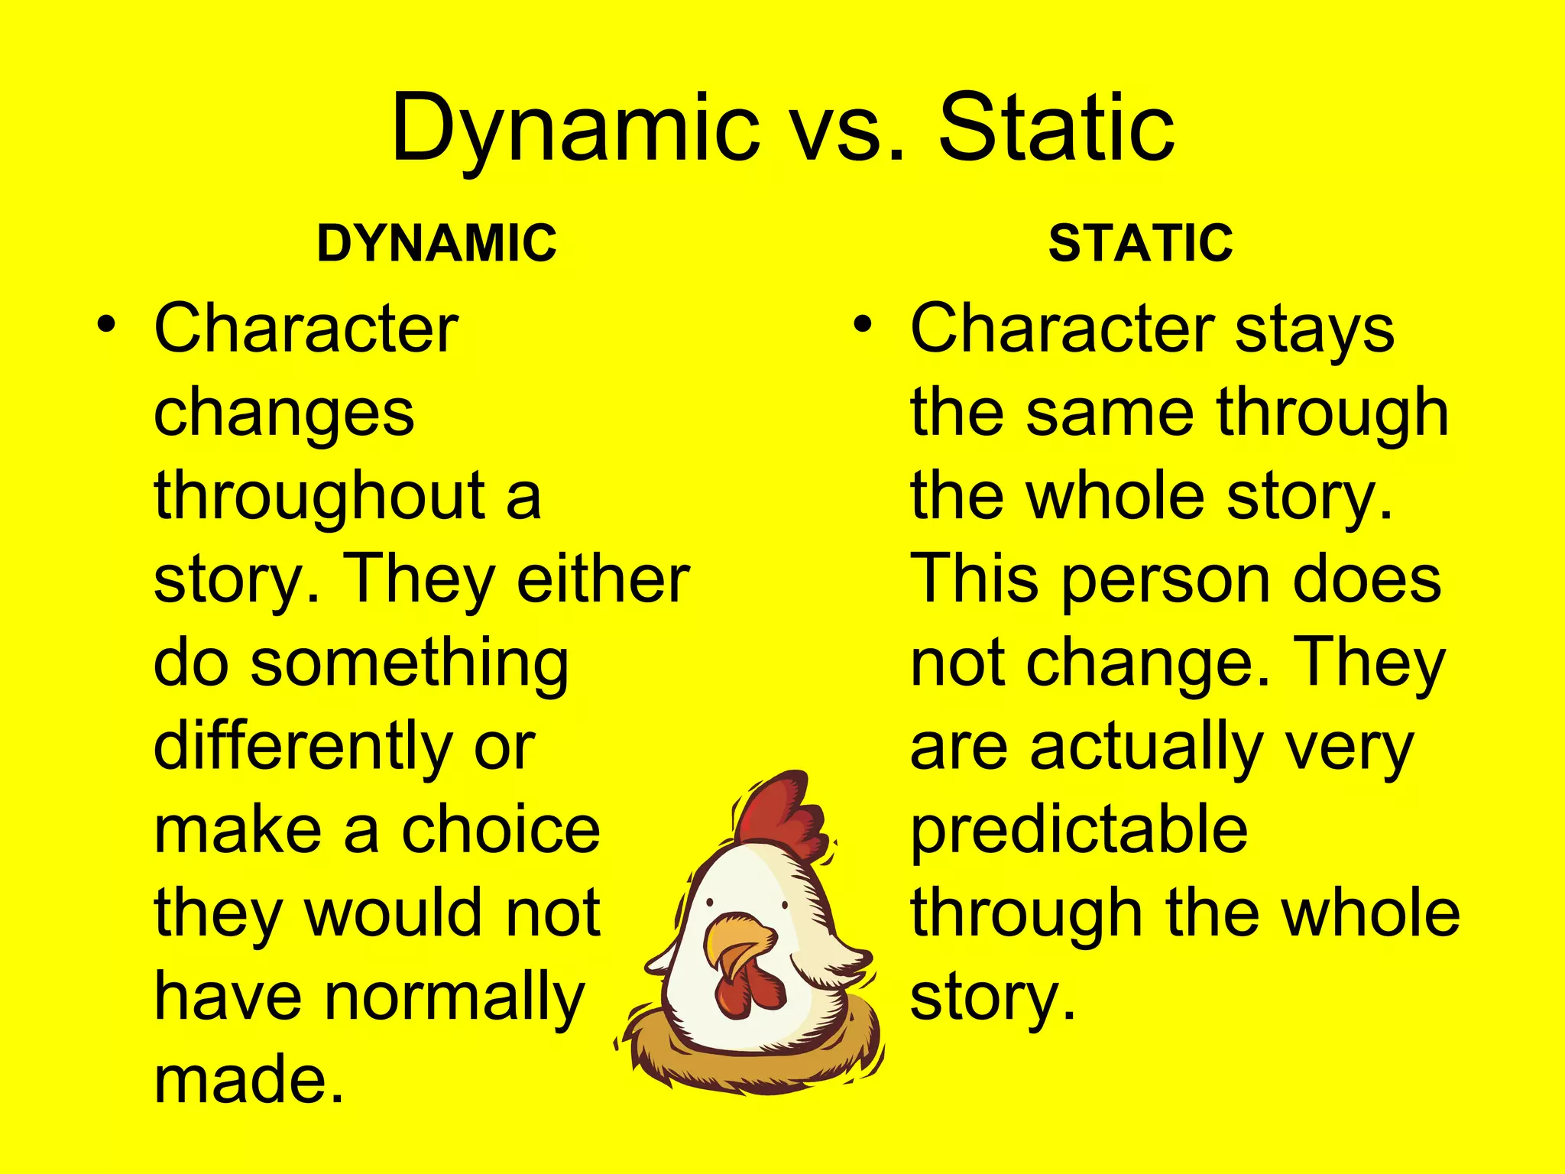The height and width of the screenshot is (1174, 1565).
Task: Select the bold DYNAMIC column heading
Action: (436, 243)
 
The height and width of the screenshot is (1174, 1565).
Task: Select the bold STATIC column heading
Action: (1140, 243)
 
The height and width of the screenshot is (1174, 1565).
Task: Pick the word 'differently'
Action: (303, 748)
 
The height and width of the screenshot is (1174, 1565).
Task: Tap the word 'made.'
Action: (248, 1079)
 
